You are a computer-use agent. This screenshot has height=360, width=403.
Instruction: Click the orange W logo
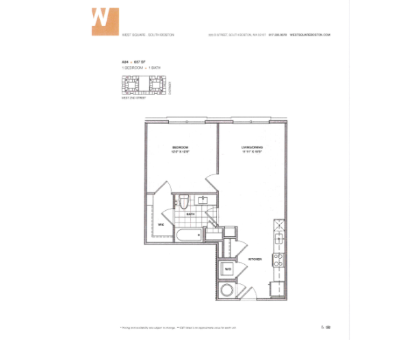pos(105,21)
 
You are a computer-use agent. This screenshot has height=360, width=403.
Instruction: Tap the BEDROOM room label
pos(181,147)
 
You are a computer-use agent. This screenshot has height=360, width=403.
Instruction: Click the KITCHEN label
pos(255,259)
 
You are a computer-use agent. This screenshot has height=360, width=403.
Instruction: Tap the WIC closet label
pos(161,224)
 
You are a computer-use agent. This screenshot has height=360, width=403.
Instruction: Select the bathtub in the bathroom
pos(187,235)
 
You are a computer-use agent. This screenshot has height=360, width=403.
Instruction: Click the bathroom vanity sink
pos(203,200)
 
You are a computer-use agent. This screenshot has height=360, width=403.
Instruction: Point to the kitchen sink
pos(279,238)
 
